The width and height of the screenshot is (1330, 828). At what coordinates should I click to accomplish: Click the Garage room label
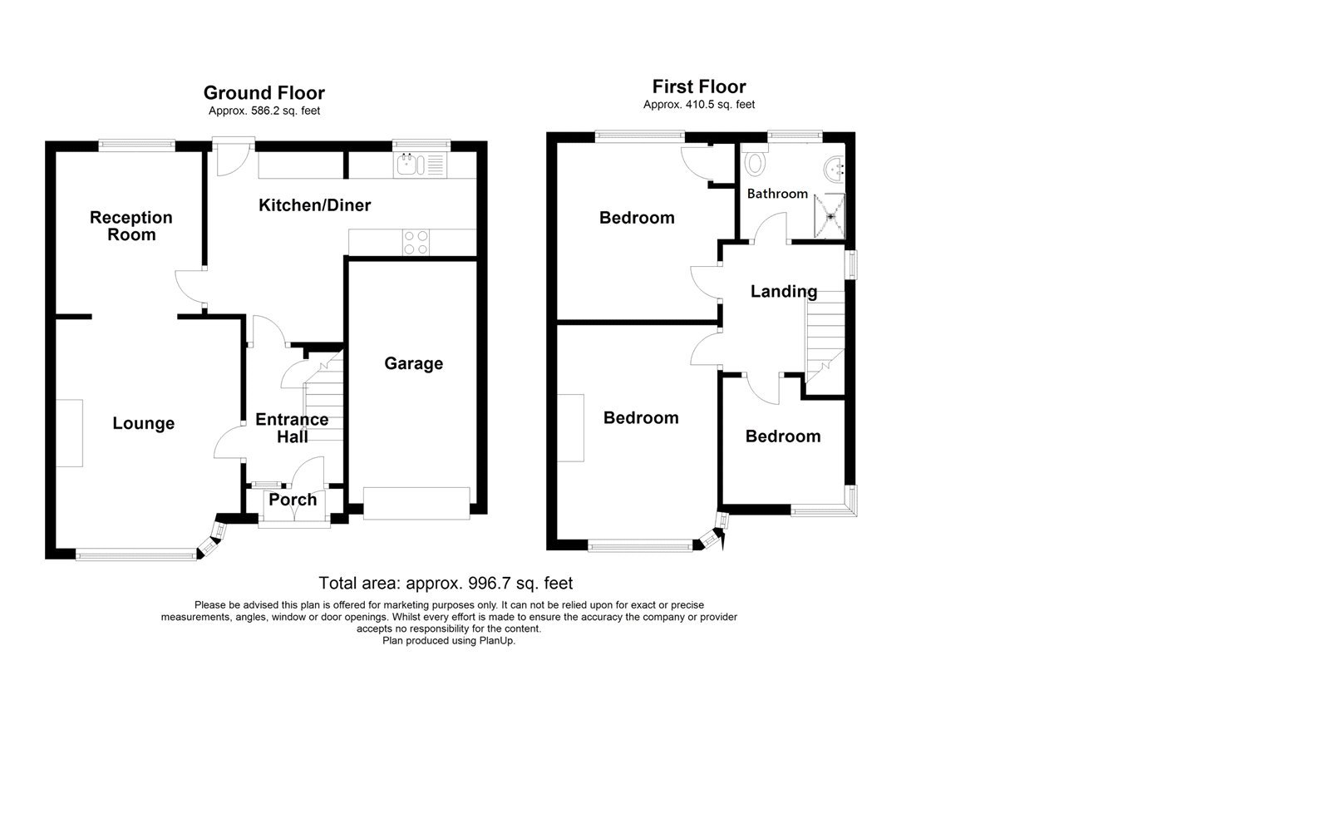point(413,363)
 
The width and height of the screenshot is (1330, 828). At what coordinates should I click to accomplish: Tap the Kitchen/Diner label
point(314,205)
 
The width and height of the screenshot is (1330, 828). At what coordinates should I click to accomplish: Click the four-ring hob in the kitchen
point(416,242)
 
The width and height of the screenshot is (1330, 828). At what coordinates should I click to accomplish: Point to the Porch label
point(293,500)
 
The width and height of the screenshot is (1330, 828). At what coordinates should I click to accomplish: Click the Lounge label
point(143,423)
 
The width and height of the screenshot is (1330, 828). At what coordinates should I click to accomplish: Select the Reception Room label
point(131,226)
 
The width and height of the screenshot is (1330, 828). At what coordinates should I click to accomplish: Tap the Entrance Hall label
point(292,428)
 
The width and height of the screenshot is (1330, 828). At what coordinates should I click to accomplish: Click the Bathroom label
point(777,194)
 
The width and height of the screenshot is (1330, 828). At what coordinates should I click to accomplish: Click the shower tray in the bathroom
point(830,214)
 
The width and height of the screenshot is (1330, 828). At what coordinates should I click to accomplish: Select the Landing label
point(783,291)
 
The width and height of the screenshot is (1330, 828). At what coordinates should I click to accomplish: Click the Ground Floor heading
point(264,93)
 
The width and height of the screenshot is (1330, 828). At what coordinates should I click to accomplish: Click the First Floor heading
point(698,86)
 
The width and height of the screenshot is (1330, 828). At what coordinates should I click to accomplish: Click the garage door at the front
point(416,504)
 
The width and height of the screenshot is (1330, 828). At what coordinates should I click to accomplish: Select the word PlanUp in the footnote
point(497,641)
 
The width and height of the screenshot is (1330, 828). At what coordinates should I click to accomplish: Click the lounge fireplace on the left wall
point(70,432)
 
